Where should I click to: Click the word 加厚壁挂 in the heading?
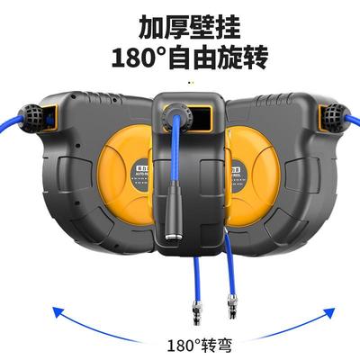(180, 26)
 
